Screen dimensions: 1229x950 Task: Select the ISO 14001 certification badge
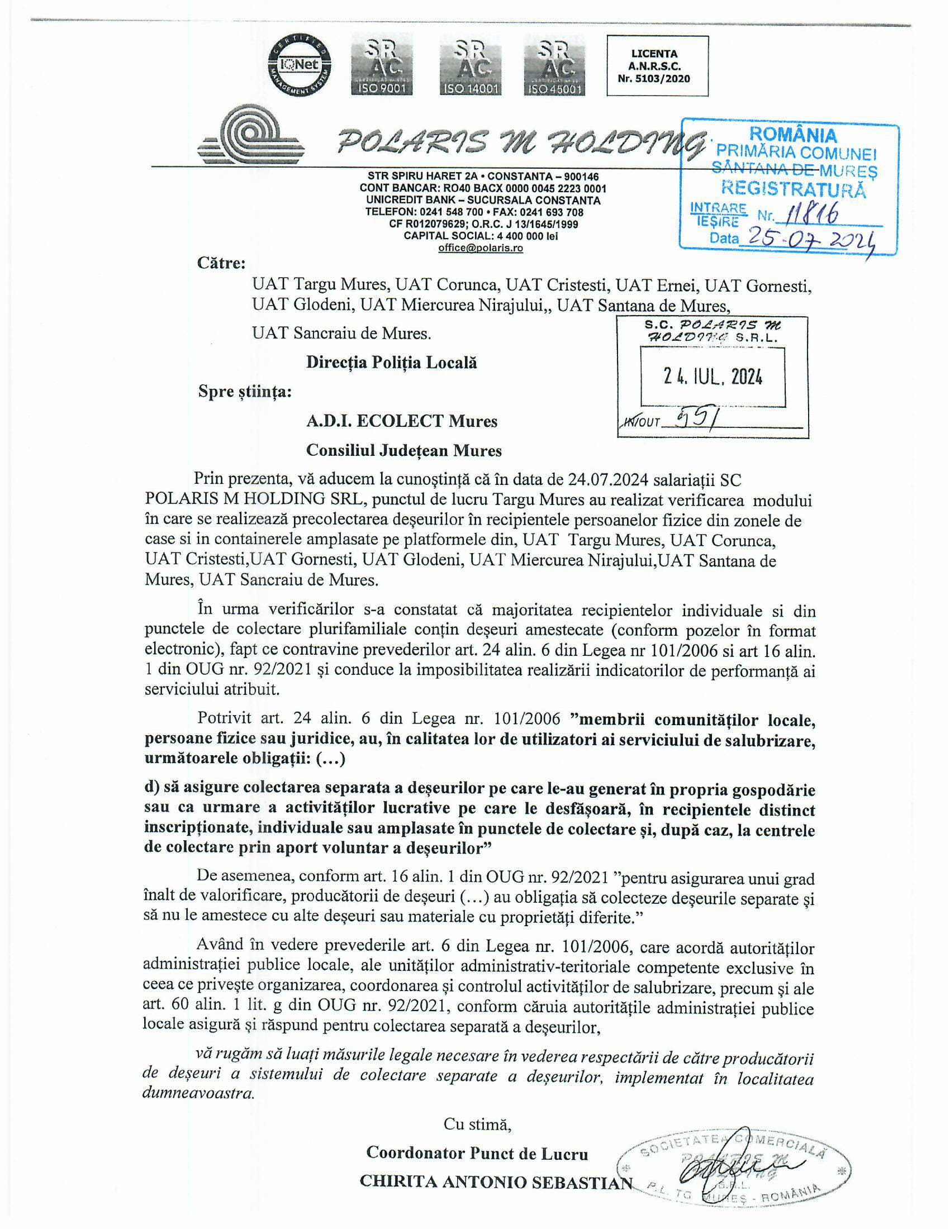point(471,66)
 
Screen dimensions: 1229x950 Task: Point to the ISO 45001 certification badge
point(555,66)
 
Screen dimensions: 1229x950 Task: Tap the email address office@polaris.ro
point(481,248)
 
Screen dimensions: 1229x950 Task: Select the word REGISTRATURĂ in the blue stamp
point(793,188)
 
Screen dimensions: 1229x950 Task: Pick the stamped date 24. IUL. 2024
point(712,377)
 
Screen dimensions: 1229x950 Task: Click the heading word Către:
point(221,263)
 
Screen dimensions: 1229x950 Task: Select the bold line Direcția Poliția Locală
point(391,363)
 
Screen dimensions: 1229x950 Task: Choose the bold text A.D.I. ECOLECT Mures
point(401,421)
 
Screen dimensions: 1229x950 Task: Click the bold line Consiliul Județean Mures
point(403,450)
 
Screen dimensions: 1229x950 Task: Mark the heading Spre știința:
point(245,392)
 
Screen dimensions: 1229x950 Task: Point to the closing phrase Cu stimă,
point(477,1124)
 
